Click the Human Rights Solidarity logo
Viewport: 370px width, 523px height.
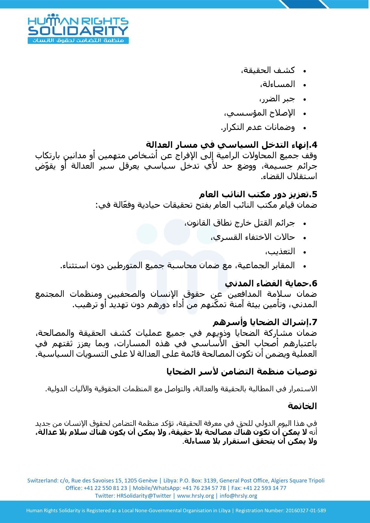pyautogui.click(x=78, y=29)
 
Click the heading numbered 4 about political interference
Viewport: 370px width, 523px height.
pyautogui.click(x=231, y=145)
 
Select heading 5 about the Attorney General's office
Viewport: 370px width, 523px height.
pyautogui.click(x=258, y=194)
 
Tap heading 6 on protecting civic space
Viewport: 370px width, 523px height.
pyautogui.click(x=271, y=283)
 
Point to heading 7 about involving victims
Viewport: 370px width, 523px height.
pyautogui.click(x=265, y=322)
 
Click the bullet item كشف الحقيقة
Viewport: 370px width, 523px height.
pyautogui.click(x=268, y=70)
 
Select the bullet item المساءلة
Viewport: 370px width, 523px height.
pyautogui.click(x=278, y=84)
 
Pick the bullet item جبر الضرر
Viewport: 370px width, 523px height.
pyautogui.click(x=276, y=99)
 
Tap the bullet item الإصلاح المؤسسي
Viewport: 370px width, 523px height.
pyautogui.click(x=259, y=113)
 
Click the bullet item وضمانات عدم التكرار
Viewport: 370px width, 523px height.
pyautogui.click(x=258, y=127)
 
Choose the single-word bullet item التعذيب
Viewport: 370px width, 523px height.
pyautogui.click(x=280, y=252)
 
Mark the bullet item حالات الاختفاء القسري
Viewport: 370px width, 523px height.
pyautogui.click(x=253, y=237)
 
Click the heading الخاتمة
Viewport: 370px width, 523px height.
pyautogui.click(x=302, y=406)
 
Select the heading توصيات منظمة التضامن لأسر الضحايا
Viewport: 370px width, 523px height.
pyautogui.click(x=241, y=372)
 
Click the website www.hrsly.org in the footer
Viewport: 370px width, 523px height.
pyautogui.click(x=195, y=496)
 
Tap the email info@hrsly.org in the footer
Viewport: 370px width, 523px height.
pyautogui.click(x=239, y=496)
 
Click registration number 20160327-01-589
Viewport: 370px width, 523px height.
pyautogui.click(x=306, y=510)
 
